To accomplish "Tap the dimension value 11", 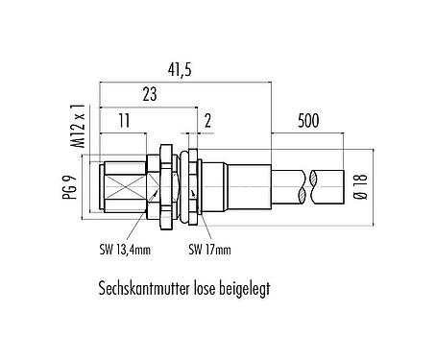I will (124, 121).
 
